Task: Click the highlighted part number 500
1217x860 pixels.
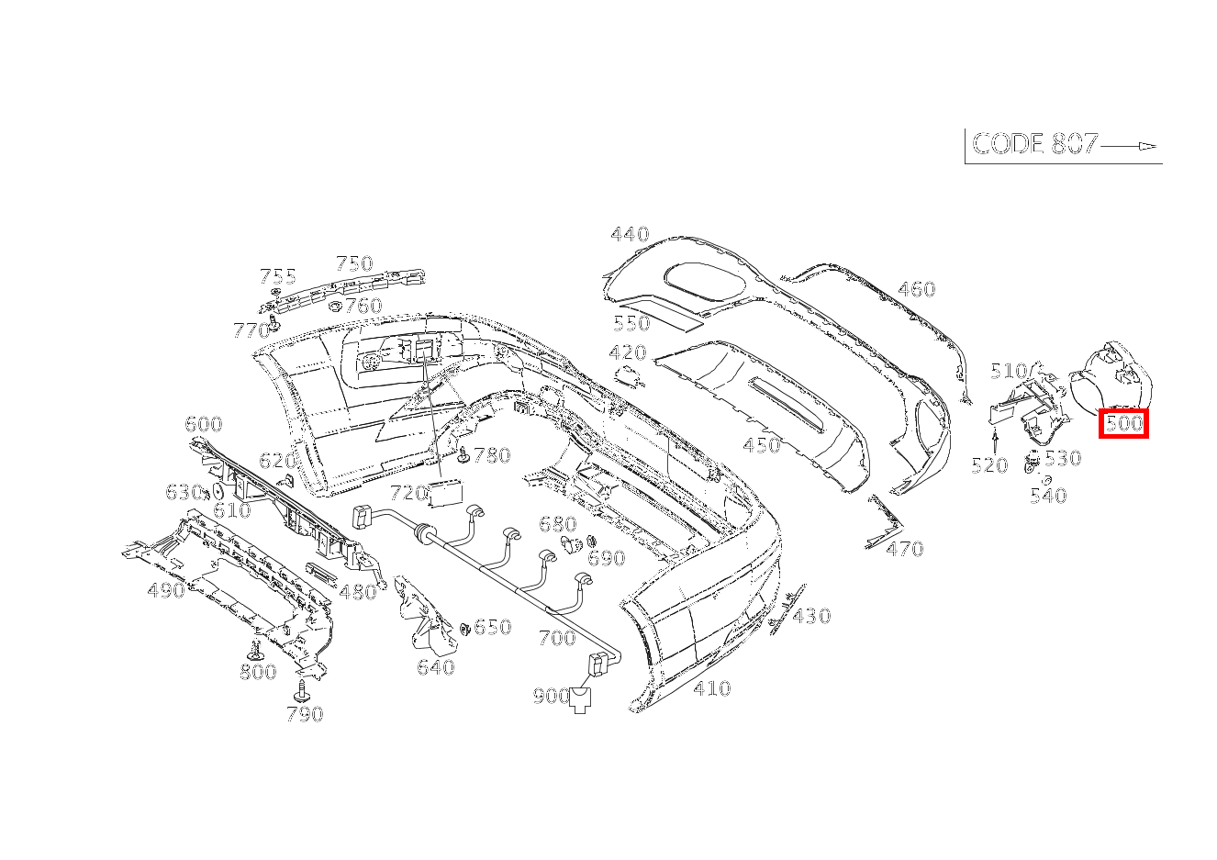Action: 1123,424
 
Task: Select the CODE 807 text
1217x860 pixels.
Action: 1034,144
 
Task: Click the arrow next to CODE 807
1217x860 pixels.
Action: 1130,146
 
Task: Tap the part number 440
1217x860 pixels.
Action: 630,235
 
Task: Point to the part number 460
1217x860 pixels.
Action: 916,290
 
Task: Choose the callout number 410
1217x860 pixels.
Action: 712,688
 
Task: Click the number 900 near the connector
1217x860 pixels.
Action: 551,697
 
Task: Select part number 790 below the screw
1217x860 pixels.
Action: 305,714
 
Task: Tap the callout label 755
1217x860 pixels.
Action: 278,276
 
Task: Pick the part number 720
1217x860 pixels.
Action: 408,493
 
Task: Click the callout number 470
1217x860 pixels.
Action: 905,549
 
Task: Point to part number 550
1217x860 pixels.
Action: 631,323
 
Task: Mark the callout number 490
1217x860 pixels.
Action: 166,590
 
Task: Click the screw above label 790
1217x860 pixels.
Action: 301,687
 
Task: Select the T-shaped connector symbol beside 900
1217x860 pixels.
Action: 582,699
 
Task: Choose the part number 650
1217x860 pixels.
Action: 492,628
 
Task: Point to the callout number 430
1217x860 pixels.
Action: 811,616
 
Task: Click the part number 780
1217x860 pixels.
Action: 491,455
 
